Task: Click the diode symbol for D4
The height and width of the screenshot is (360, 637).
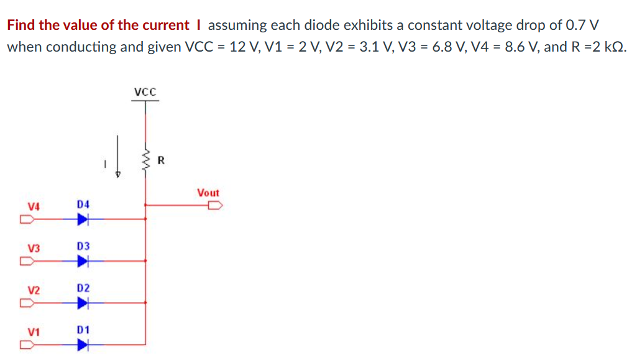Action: [x=83, y=219]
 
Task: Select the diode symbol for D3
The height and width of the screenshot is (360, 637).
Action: [x=83, y=261]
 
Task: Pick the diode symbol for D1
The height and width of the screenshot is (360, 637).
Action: [x=83, y=345]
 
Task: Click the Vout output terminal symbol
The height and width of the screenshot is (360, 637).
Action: [x=214, y=205]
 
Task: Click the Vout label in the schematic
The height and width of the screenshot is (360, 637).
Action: [x=208, y=193]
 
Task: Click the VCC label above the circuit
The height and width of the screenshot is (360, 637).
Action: [x=146, y=92]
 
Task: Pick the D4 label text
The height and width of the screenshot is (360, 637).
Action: [x=83, y=204]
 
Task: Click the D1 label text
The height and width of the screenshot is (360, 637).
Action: [x=83, y=330]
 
